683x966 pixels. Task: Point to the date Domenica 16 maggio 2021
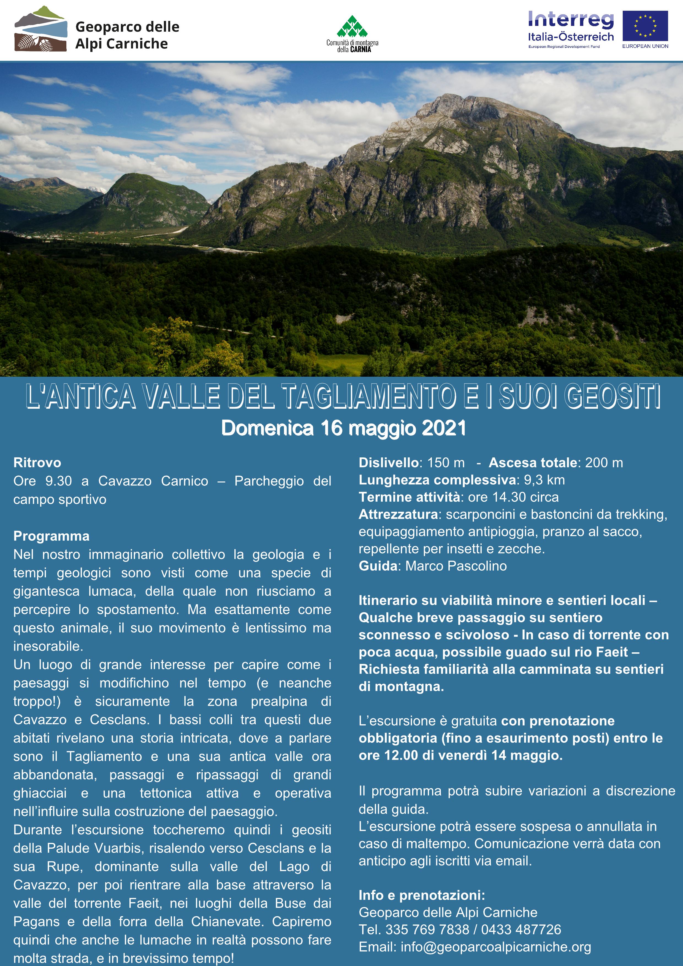(x=344, y=428)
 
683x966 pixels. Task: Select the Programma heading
(x=51, y=536)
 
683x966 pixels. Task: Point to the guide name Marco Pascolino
(x=456, y=566)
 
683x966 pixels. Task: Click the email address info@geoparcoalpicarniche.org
(x=496, y=947)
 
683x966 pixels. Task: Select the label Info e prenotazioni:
(x=422, y=895)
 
